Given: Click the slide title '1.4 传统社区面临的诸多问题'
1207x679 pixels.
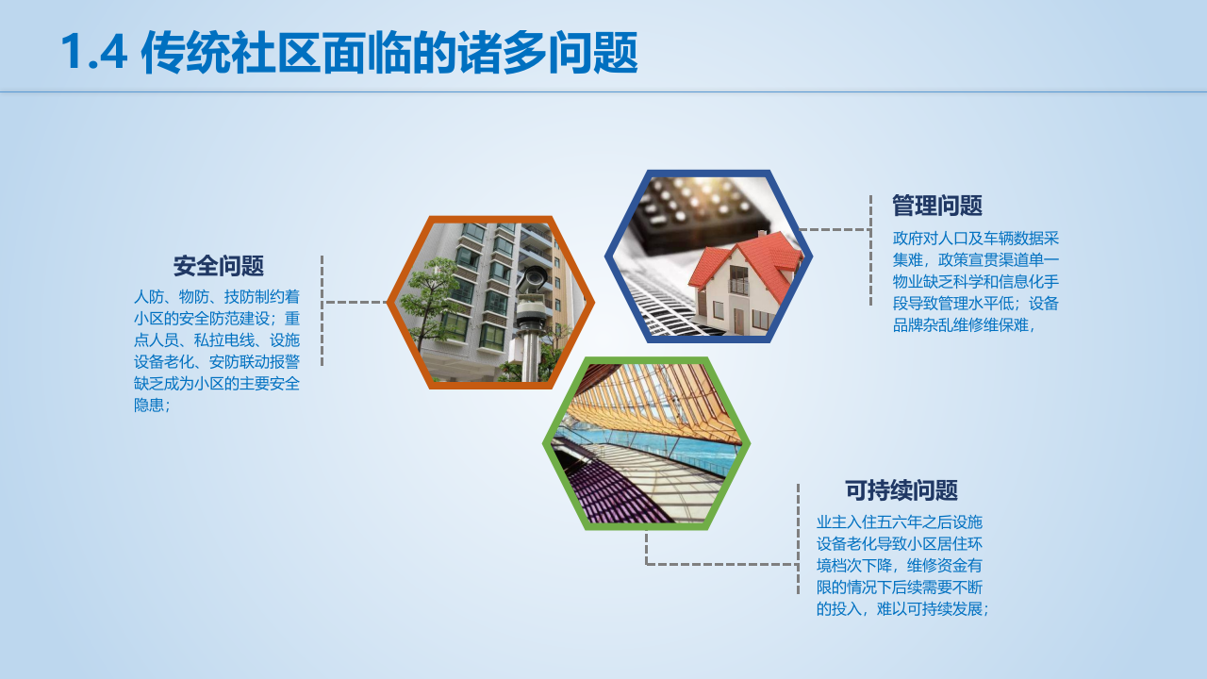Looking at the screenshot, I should [349, 52].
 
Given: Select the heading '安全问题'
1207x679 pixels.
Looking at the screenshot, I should [218, 266].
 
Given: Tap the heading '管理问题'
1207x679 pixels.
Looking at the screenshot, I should [937, 206].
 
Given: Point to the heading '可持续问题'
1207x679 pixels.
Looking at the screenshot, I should [901, 490].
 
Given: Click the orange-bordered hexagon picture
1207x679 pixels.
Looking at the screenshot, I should [490, 303].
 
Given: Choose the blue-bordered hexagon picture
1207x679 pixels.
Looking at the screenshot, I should [708, 257].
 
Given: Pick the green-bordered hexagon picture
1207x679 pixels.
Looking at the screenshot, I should [646, 443].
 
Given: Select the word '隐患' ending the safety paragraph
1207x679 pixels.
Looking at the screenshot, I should [149, 406].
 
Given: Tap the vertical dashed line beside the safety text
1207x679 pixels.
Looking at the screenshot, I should [322, 310].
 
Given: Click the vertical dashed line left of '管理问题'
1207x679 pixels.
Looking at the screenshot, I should [870, 250].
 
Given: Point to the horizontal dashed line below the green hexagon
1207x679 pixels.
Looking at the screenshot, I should [721, 564].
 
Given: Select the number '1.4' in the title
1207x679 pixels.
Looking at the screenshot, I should [93, 52].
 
